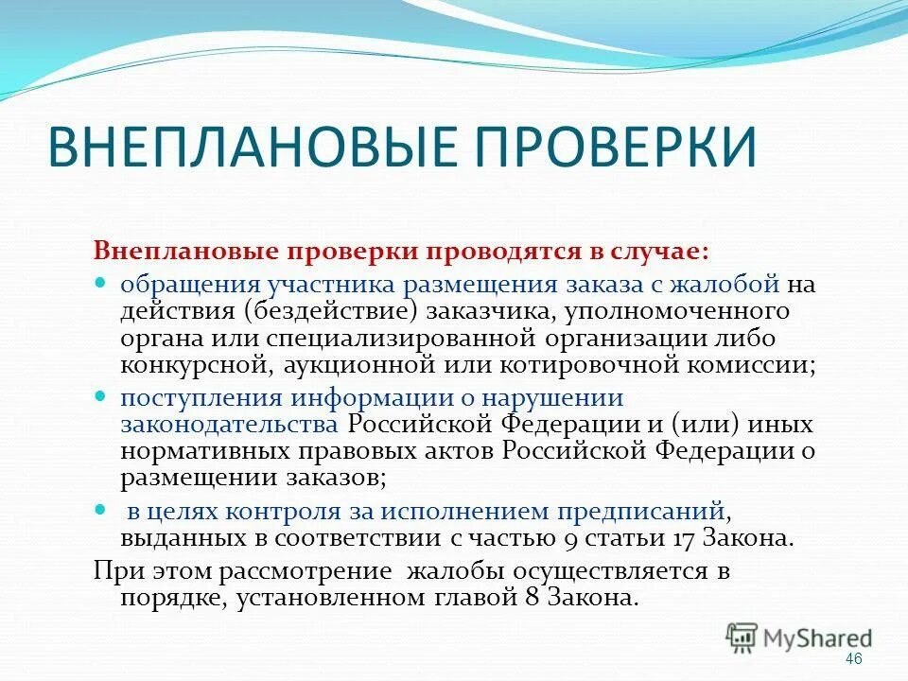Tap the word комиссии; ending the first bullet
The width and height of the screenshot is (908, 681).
pyautogui.click(x=750, y=364)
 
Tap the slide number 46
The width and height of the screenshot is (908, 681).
pyautogui.click(x=853, y=658)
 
